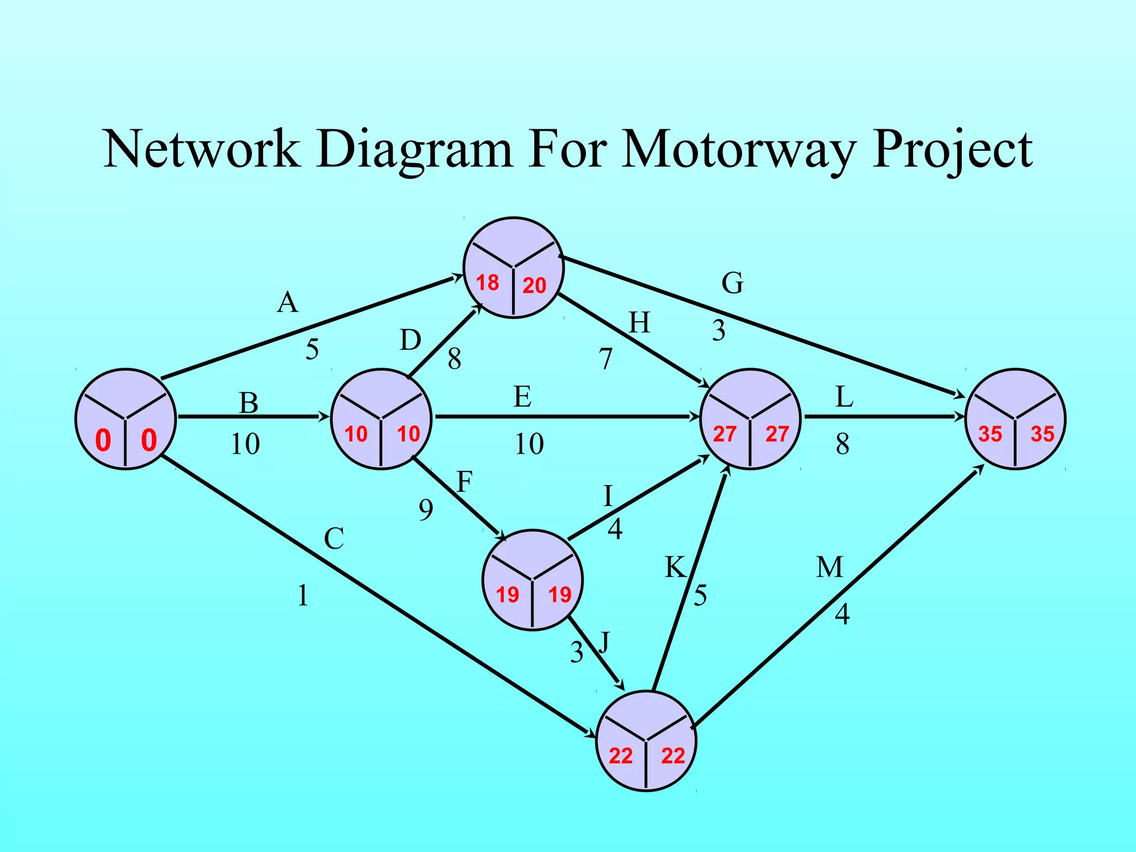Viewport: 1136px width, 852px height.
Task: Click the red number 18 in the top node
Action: pos(488,283)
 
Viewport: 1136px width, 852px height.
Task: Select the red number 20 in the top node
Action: pos(534,286)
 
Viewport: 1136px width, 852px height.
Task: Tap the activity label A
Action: pos(287,303)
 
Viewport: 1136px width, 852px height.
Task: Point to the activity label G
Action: pos(732,283)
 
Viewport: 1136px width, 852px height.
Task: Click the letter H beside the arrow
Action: pos(640,323)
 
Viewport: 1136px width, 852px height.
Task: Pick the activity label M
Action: pos(830,567)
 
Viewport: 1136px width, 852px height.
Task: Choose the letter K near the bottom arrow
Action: pos(676,567)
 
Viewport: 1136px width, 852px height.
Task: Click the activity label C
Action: pos(334,539)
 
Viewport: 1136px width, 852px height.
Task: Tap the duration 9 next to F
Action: pos(425,510)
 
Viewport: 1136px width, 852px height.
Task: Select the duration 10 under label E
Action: pos(529,444)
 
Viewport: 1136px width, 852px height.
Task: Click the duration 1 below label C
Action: pos(302,596)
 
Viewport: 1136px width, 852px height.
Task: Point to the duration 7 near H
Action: pos(606,359)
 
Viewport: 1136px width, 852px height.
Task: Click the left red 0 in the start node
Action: pos(103,441)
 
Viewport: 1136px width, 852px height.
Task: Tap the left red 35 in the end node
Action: pos(990,434)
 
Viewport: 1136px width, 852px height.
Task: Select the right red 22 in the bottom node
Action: pos(673,756)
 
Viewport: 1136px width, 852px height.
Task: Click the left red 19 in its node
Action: pos(507,595)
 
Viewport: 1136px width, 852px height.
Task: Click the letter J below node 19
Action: pos(605,642)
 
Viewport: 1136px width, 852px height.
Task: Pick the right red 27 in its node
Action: pos(777,434)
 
